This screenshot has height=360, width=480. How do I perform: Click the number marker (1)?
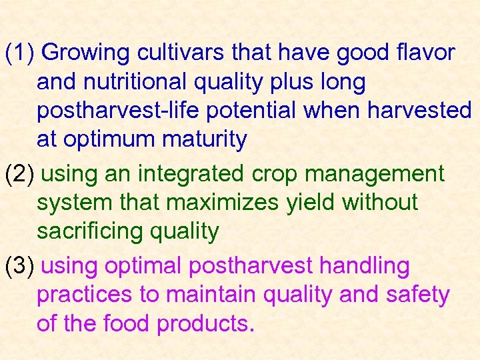point(23,52)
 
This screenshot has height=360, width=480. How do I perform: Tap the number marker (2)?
point(23,174)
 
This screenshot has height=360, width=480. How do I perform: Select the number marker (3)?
point(23,266)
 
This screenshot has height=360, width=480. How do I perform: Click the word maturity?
point(206,140)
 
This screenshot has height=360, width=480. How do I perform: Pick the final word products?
point(205,325)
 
